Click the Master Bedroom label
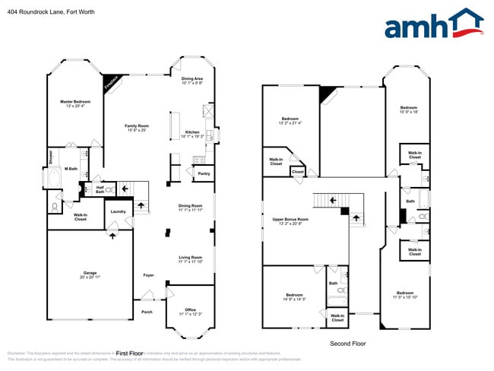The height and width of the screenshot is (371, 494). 75,101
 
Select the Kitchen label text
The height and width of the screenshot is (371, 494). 192,132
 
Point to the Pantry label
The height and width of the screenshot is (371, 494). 203,174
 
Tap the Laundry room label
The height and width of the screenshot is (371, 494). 118,211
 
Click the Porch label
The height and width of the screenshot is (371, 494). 147,311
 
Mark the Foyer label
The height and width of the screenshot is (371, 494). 148,274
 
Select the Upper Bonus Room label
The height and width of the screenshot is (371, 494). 290,219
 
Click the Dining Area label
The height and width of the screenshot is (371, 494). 192,78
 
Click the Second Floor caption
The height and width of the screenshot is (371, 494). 347,344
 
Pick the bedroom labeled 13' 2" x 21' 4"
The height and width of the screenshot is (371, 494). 290,119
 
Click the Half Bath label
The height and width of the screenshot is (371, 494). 100,189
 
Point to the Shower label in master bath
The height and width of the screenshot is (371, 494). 50,157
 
